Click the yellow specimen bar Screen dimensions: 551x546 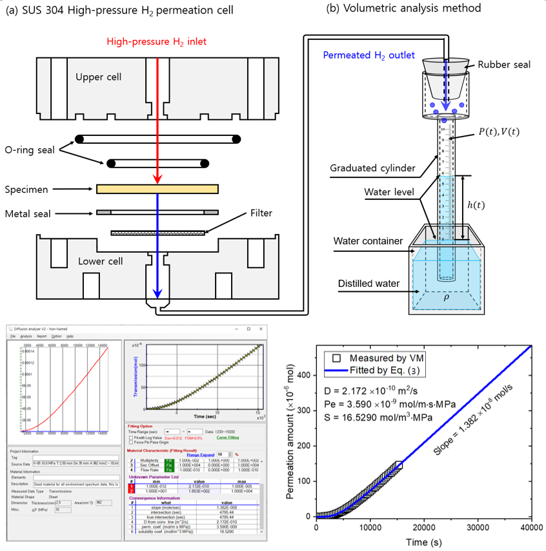pos(157,189)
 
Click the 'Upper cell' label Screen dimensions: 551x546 pos(98,77)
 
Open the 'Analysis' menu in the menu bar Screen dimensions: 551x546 pos(26,336)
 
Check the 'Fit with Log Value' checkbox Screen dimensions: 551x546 pos(132,438)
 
